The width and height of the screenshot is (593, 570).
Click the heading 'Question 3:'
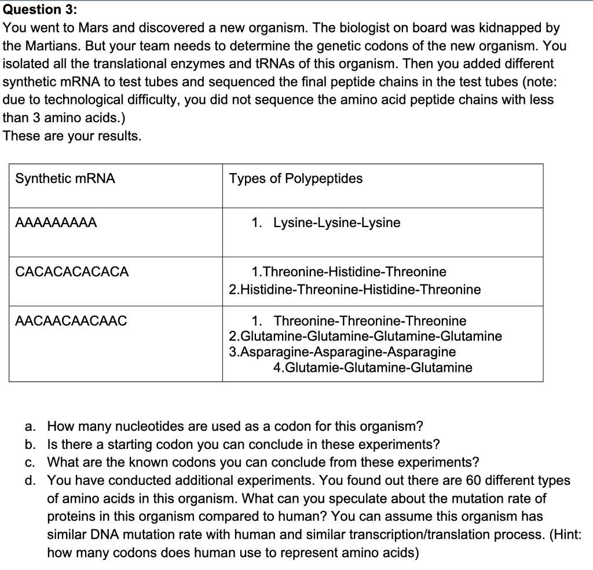coord(41,10)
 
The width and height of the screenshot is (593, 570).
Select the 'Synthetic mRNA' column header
coord(65,179)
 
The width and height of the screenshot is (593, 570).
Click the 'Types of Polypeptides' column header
coord(295,179)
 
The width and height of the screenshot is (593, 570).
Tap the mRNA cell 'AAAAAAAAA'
coord(56,223)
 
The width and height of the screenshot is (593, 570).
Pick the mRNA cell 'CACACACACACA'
coord(72,272)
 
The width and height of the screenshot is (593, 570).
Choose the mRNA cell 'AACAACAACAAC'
coord(71,321)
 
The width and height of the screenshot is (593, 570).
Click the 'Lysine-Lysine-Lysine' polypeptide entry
coord(336,223)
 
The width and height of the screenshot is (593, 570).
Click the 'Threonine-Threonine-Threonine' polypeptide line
coord(369,321)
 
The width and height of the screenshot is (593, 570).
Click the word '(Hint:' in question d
coord(562,535)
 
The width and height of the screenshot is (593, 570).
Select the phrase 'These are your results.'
coord(72,136)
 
